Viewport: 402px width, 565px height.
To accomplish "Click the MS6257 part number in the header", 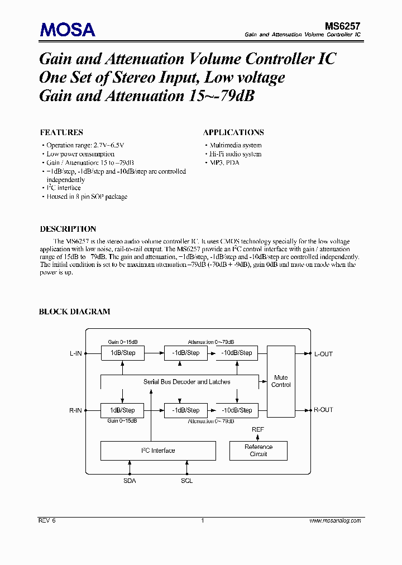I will [x=342, y=26].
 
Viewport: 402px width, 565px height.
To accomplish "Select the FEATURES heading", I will [x=61, y=132].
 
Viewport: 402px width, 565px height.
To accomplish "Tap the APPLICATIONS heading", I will [x=233, y=132].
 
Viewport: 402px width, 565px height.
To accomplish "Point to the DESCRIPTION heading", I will [x=68, y=229].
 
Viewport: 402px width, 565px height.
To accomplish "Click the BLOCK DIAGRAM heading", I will [x=74, y=312].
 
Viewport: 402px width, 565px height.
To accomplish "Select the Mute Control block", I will [x=281, y=381].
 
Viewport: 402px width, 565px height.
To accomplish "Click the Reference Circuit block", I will [x=259, y=451].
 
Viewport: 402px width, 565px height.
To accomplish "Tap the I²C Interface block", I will [x=157, y=451].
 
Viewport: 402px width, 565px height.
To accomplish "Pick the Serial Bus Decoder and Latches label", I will [x=186, y=382].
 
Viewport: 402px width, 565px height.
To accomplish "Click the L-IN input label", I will [x=75, y=354].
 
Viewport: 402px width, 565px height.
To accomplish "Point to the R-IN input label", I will [x=75, y=410].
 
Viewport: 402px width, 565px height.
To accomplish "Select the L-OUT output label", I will [x=323, y=354].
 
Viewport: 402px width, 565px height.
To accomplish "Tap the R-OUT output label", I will [x=323, y=410].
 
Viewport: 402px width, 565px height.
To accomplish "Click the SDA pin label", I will [x=130, y=481].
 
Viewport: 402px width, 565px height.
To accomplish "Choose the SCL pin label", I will [x=187, y=481].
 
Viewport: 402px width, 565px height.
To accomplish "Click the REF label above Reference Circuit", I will [x=258, y=429].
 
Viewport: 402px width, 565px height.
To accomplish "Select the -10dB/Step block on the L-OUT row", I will [x=237, y=353].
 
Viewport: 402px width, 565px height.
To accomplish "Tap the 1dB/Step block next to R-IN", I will [x=122, y=410].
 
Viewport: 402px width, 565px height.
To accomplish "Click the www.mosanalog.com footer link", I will [x=335, y=520].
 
